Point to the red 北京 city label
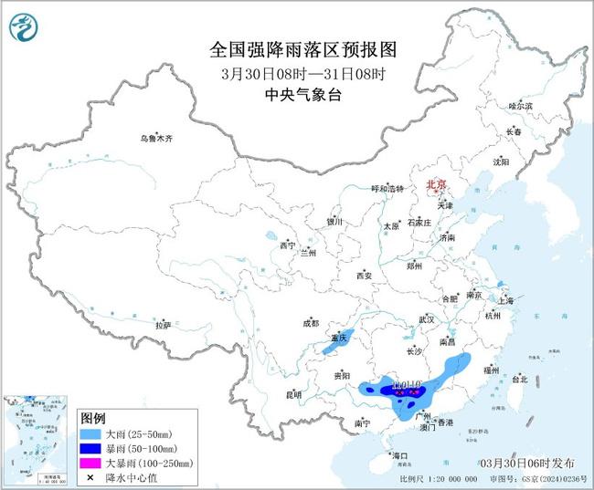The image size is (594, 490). coord(435,185)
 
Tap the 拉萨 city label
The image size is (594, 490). coord(163,325)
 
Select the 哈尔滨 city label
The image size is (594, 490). coord(520,107)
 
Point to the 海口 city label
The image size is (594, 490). coord(398,454)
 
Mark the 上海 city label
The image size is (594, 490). coord(506,298)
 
